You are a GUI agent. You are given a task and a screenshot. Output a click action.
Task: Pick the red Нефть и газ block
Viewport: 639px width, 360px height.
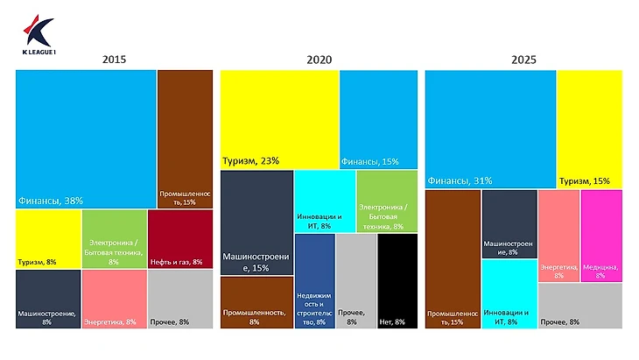[180, 238]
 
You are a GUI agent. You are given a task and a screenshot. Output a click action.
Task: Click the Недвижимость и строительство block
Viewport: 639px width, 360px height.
[314, 280]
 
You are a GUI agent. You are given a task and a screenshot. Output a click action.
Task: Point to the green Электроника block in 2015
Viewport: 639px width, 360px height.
[114, 238]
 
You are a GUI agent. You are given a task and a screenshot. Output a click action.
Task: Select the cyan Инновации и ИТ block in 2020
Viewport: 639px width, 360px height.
[324, 201]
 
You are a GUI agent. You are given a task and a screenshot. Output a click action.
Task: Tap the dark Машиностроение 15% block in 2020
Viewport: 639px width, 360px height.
[256, 222]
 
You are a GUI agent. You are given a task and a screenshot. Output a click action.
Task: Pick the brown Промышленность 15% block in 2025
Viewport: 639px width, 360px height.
[453, 258]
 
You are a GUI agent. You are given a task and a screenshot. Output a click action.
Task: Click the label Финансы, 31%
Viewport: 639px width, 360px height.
[460, 180]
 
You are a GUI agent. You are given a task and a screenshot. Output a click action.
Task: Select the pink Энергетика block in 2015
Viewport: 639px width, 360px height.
[114, 298]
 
